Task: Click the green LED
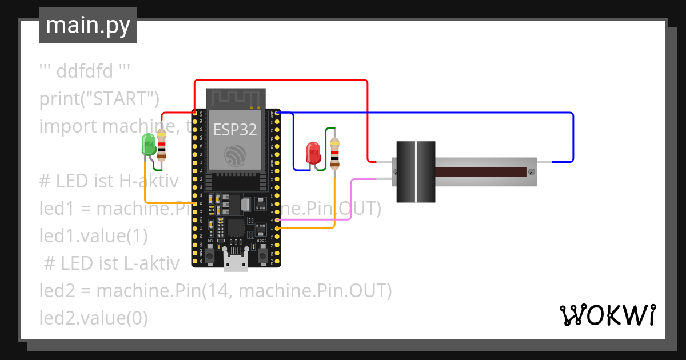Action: (149, 144)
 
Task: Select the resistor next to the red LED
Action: (334, 153)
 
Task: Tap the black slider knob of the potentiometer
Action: (416, 172)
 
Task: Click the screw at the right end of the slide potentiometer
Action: (532, 171)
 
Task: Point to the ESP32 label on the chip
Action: (235, 130)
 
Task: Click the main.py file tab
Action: (88, 25)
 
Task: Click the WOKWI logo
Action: (607, 315)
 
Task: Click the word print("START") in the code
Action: (99, 99)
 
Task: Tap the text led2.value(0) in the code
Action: (93, 318)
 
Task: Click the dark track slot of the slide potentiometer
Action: (480, 172)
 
